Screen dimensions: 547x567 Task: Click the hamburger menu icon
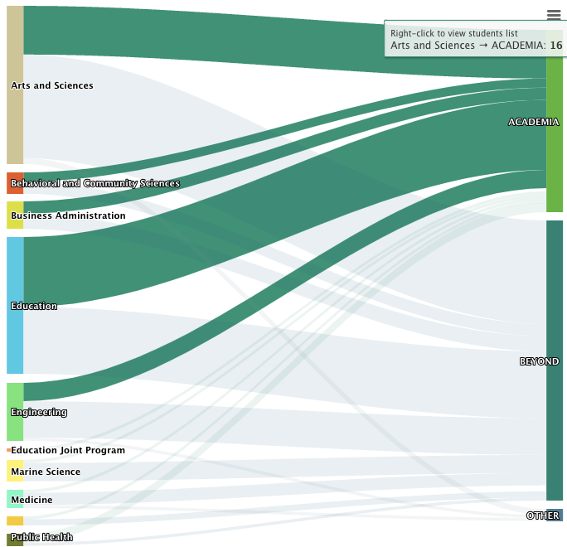[554, 14]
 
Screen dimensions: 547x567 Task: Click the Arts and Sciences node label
[52, 85]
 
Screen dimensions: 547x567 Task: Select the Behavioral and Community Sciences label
[95, 183]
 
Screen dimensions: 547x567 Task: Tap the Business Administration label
[68, 215]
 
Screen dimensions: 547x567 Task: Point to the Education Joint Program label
[68, 450]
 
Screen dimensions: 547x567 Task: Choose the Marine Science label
[46, 472]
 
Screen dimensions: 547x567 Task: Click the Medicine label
[31, 500]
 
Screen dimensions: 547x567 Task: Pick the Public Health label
[41, 537]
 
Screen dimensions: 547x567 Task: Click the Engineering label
[39, 412]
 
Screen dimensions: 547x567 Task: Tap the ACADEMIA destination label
[533, 122]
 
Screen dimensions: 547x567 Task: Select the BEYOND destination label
[539, 361]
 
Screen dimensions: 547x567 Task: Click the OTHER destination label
[542, 516]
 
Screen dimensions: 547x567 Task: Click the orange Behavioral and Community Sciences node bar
[15, 182]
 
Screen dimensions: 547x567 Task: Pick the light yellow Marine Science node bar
[15, 471]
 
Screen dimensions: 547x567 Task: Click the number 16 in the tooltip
[556, 45]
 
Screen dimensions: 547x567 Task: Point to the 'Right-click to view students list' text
[454, 33]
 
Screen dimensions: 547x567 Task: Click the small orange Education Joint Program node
[8, 450]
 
